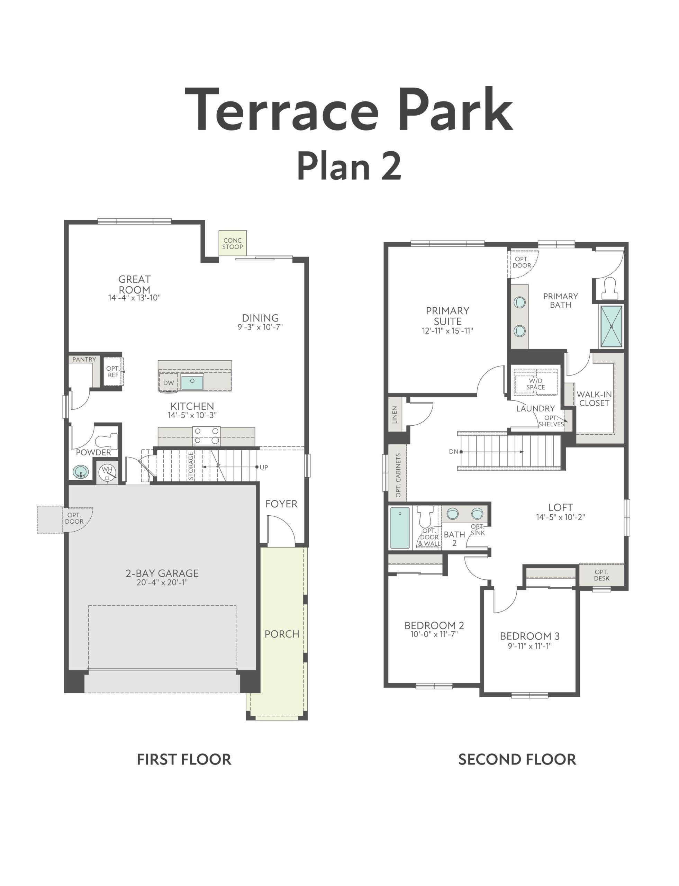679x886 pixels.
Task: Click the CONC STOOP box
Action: (233, 244)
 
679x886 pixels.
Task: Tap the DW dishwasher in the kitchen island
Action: (169, 383)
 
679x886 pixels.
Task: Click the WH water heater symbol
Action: (107, 471)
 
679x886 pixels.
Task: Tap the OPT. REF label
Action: (113, 371)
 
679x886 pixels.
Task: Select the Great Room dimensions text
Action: (134, 298)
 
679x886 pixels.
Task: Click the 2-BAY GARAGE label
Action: (162, 573)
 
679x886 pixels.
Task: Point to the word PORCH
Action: (282, 634)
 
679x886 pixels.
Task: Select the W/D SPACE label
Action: (535, 384)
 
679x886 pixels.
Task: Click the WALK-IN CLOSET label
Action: (594, 399)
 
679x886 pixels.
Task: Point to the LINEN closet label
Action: (395, 415)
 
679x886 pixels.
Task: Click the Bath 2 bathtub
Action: (400, 528)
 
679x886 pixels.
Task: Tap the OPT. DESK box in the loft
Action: (601, 575)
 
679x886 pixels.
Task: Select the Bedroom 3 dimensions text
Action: (529, 646)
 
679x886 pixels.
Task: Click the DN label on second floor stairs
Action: (453, 452)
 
